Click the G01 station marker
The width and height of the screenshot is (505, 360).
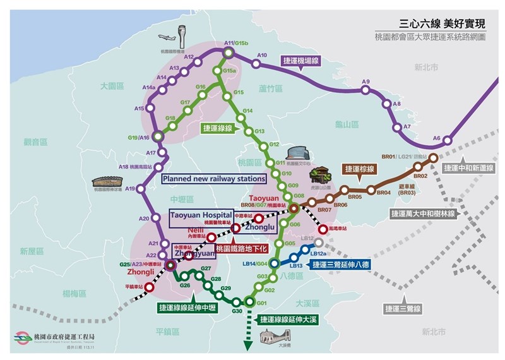pos(251,302)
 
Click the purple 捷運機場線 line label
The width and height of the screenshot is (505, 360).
pos(302,60)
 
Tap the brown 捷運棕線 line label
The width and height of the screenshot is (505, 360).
pos(359,169)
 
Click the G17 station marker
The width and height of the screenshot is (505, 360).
pos(187,111)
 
